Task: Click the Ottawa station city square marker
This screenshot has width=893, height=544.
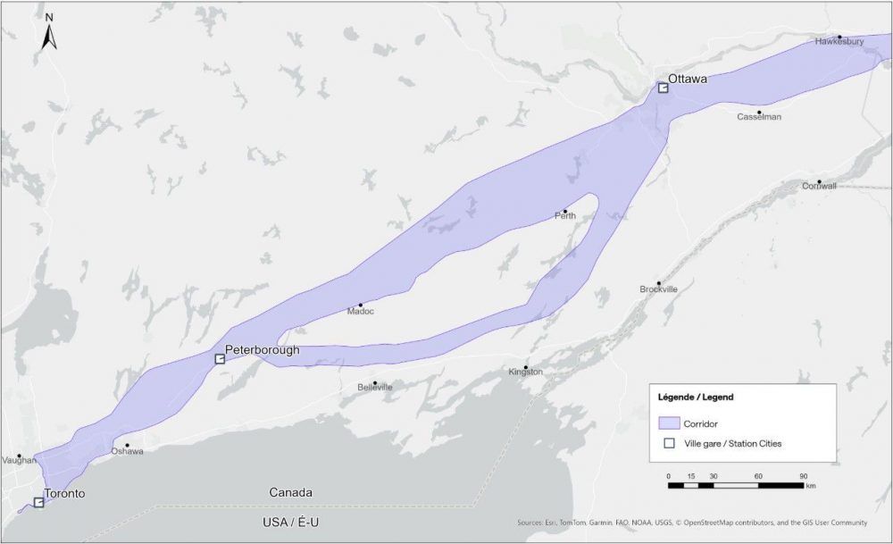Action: pyautogui.click(x=663, y=88)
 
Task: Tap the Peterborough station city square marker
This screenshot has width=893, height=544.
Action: pyautogui.click(x=220, y=359)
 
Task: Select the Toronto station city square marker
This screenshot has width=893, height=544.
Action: pyautogui.click(x=38, y=503)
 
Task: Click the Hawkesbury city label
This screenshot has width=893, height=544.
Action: pyautogui.click(x=839, y=42)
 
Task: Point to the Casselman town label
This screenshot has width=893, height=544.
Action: pyautogui.click(x=759, y=117)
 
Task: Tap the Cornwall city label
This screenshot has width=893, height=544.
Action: pyautogui.click(x=819, y=186)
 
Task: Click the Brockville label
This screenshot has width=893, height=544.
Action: pyautogui.click(x=659, y=289)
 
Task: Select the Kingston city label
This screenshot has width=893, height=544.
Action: pyautogui.click(x=525, y=372)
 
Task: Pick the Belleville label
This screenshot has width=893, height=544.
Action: pyautogui.click(x=374, y=388)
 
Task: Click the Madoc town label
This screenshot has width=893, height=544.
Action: pyautogui.click(x=361, y=311)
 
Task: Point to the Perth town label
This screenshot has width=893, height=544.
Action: pyautogui.click(x=564, y=215)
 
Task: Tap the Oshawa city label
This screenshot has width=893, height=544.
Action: pyautogui.click(x=127, y=451)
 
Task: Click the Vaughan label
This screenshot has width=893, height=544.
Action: pyautogui.click(x=19, y=461)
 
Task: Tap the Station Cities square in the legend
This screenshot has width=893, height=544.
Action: pyautogui.click(x=667, y=443)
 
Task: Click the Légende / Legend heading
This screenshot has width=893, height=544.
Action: pyautogui.click(x=695, y=397)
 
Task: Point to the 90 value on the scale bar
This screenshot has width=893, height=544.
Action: pyautogui.click(x=803, y=476)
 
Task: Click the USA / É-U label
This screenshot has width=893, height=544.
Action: pyautogui.click(x=290, y=522)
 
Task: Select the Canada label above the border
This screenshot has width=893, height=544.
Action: pyautogui.click(x=290, y=492)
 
